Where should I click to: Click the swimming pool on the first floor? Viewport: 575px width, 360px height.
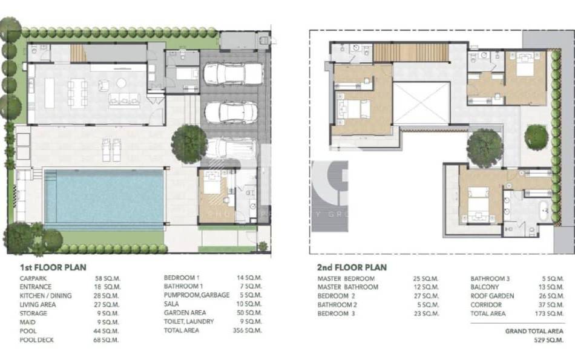pos(103,198)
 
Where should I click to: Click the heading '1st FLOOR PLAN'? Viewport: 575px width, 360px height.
pos(53,267)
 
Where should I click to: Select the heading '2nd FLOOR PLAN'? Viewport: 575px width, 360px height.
pos(352,267)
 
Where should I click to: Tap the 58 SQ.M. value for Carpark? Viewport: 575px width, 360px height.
pos(108,278)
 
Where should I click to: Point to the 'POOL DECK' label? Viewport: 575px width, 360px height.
pos(36,340)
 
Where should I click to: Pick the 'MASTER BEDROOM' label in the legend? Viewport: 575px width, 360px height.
pos(346,278)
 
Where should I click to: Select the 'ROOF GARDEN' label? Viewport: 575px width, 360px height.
pos(492,296)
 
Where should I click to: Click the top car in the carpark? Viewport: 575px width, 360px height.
pos(232,74)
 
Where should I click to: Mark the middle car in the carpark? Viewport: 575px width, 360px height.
pos(232,111)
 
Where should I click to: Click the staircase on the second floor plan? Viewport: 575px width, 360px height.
pos(410,52)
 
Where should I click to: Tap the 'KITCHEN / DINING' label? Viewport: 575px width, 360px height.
pos(45,296)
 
